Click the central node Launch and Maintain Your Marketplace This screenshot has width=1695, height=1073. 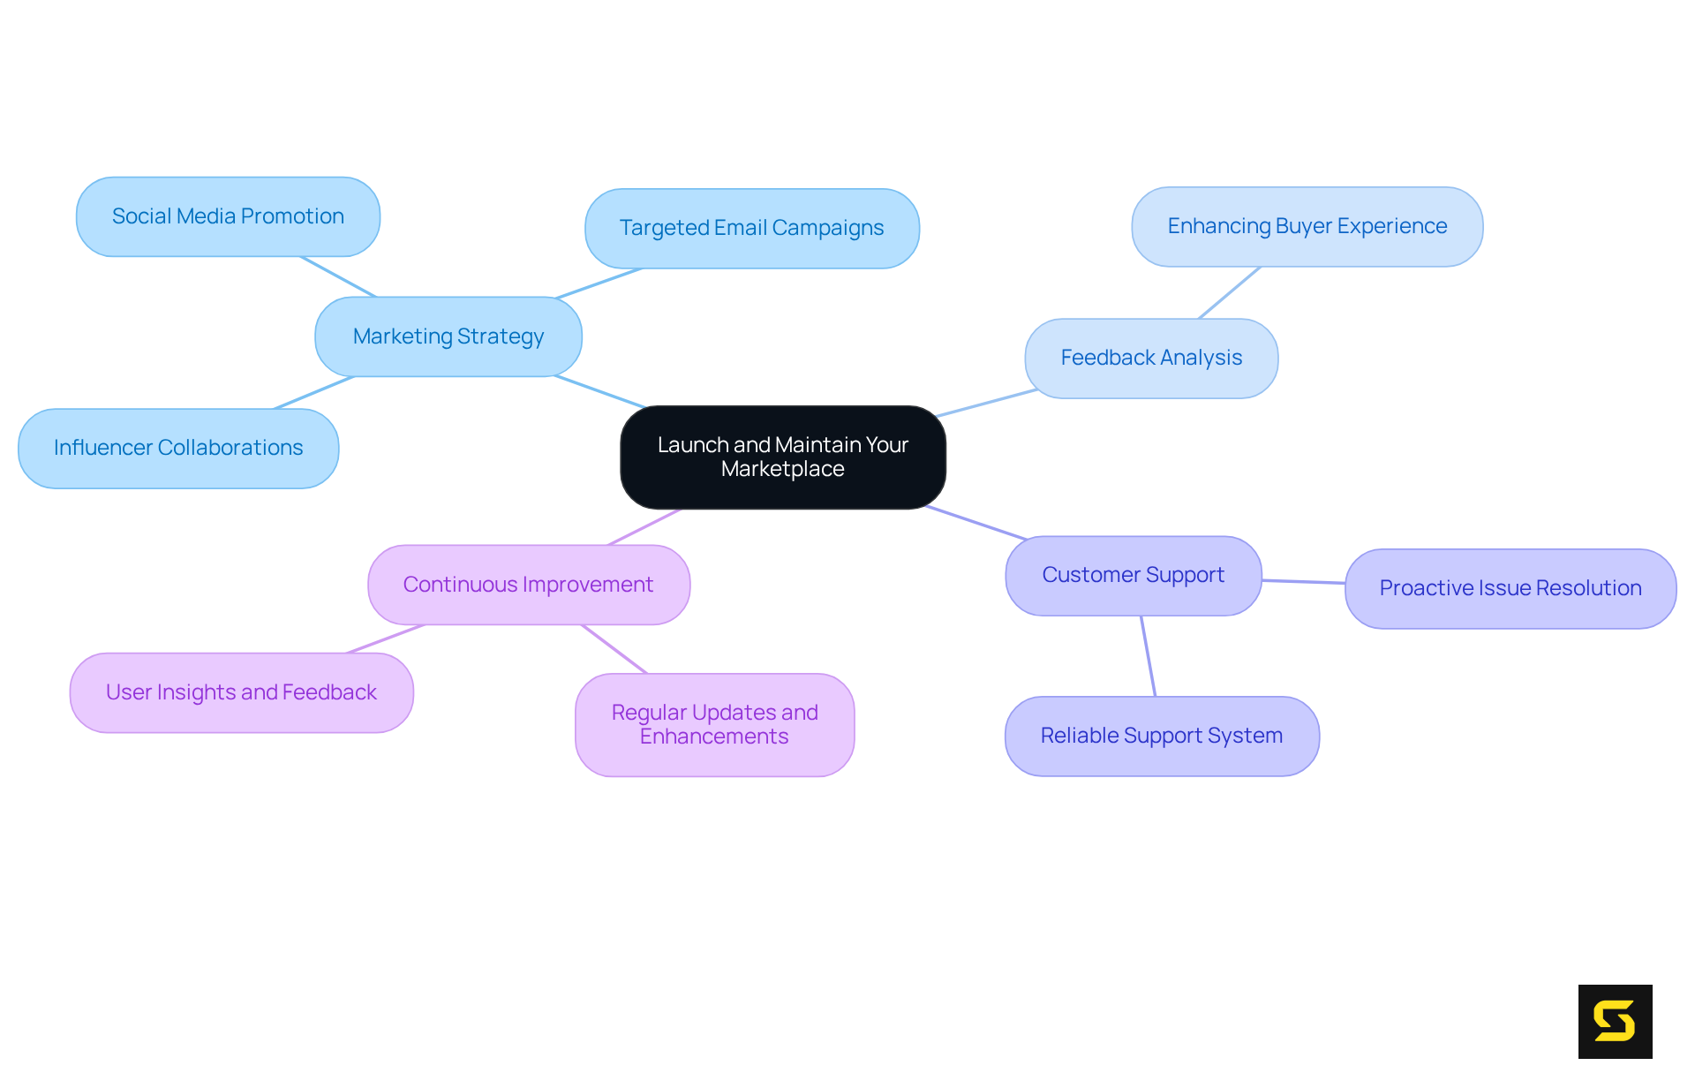pos(782,457)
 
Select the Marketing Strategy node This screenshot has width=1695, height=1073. pos(448,336)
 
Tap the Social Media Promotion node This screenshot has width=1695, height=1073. pos(228,216)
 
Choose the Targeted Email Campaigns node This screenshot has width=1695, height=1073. pos(751,228)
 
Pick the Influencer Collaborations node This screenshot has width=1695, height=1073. pos(177,448)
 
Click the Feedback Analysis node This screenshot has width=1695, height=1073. pos(1150,358)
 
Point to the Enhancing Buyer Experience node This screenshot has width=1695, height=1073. pos(1307,226)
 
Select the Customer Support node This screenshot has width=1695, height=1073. pos(1133,575)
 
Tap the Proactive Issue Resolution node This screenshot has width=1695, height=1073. pos(1510,588)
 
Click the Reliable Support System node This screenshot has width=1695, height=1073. pos(1161,736)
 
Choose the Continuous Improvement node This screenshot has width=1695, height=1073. pos(528,585)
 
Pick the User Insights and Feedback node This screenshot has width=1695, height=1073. pos(241,692)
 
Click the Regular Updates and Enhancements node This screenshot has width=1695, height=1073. pos(714,724)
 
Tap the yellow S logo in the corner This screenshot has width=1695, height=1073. pos(1615,1021)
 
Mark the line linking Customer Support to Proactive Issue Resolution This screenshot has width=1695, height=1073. pos(1303,582)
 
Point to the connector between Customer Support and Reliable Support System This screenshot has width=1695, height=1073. pos(1148,656)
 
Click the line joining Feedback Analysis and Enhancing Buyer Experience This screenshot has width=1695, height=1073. pos(1230,292)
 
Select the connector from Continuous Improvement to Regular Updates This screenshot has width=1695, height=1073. pos(614,649)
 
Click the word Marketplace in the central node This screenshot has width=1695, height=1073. pos(782,469)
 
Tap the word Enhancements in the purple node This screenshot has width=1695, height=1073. pos(713,737)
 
